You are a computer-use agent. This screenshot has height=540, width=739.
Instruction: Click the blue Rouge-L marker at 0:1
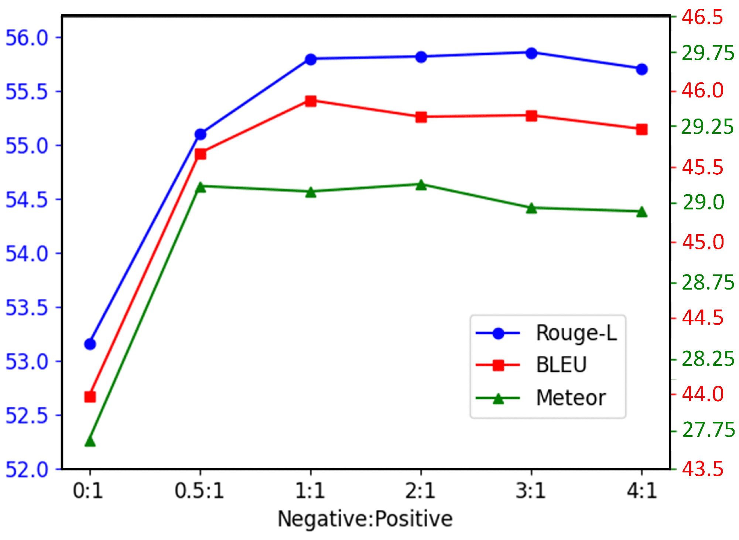coord(90,344)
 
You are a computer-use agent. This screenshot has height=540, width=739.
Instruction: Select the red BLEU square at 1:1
coord(311,101)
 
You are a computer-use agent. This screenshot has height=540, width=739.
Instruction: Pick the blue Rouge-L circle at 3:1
coord(531,53)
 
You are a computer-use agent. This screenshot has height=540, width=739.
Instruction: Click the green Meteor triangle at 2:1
coord(421,185)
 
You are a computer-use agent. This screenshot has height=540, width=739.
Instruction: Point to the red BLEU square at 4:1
coord(642,129)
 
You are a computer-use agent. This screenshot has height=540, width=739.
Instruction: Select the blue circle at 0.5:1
coord(200,134)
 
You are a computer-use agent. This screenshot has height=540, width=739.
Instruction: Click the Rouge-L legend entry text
coord(576,333)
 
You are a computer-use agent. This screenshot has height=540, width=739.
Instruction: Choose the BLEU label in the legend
coord(561,365)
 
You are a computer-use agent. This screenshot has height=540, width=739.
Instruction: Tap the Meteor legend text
coord(571,398)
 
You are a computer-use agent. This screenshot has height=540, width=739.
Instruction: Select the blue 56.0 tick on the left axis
coord(27,38)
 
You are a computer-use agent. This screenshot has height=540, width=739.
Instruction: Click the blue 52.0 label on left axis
coord(27,469)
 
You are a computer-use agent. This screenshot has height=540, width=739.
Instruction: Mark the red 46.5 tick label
coord(702,17)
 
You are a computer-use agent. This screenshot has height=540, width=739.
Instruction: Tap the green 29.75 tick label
coord(708,53)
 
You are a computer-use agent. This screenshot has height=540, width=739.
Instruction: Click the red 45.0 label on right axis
coord(703,242)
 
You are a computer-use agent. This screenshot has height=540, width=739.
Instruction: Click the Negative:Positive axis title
coord(365,519)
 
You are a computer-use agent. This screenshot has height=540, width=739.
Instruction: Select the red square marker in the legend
coord(498,365)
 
